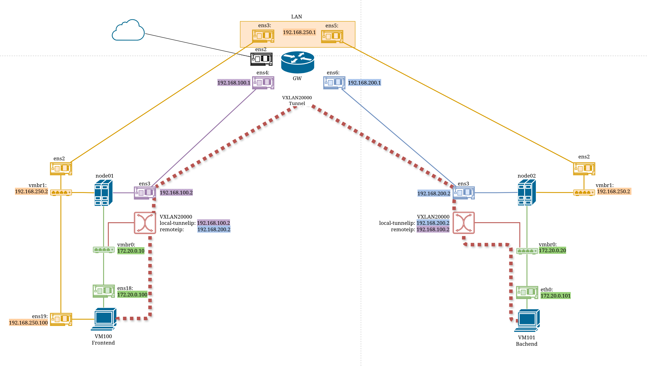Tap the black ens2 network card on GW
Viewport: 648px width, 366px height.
click(261, 59)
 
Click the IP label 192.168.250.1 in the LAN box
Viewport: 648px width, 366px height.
click(299, 32)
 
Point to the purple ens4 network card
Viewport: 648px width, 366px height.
click(263, 83)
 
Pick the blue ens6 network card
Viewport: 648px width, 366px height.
click(334, 83)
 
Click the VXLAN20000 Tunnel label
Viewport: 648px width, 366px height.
click(297, 100)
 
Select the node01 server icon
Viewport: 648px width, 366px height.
click(103, 193)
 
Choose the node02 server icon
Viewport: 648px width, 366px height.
click(527, 193)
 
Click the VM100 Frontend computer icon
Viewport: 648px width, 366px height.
click(104, 319)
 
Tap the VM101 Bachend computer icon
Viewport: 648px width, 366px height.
click(527, 320)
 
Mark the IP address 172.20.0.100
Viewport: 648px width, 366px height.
click(132, 294)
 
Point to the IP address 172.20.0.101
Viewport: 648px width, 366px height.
click(556, 296)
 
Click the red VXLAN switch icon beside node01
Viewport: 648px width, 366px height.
click(145, 223)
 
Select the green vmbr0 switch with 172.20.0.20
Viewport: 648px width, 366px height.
click(527, 251)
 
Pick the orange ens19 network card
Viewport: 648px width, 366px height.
click(61, 319)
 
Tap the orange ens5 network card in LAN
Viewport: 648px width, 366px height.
click(332, 37)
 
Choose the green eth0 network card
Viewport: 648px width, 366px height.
click(527, 293)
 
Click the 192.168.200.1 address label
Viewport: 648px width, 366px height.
click(364, 83)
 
